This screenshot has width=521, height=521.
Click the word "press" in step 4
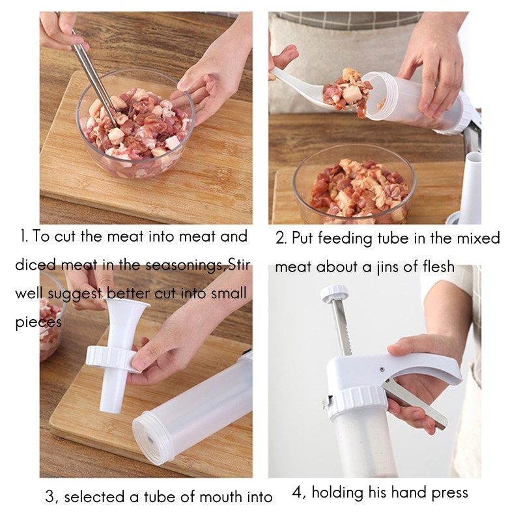[447, 493]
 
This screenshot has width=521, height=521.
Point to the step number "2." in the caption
[281, 239]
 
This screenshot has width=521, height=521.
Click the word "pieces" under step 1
[38, 323]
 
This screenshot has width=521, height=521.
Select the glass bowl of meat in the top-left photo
[135, 124]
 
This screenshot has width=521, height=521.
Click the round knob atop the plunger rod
[334, 294]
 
